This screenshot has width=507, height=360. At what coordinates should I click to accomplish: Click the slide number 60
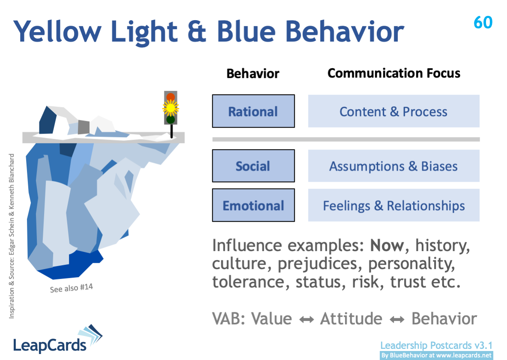483,23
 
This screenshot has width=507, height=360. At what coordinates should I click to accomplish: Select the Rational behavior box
253,111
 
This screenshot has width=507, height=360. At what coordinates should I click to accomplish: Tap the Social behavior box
253,166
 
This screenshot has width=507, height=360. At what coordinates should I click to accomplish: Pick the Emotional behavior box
253,205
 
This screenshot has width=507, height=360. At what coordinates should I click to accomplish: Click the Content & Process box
394,111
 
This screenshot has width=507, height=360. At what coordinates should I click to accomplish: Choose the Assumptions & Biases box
394,166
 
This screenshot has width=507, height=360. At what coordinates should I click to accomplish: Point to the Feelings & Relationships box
394,205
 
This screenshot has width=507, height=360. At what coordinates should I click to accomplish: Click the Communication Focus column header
394,73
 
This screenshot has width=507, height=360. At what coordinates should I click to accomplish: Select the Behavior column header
253,73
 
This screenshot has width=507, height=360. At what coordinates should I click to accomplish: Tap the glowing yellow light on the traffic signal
170,108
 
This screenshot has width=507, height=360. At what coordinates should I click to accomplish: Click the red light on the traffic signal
170,97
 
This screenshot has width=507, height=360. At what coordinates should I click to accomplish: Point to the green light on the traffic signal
170,120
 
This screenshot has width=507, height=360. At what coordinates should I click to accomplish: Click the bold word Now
387,246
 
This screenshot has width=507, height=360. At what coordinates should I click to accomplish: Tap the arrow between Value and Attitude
306,320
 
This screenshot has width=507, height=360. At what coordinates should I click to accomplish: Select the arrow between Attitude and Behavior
397,320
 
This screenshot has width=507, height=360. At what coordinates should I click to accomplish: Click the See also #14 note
72,288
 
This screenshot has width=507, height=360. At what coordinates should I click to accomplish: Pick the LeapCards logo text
50,345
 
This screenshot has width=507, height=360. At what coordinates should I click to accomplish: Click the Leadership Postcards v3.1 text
436,345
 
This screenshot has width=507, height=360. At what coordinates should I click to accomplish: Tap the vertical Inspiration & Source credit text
12,236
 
